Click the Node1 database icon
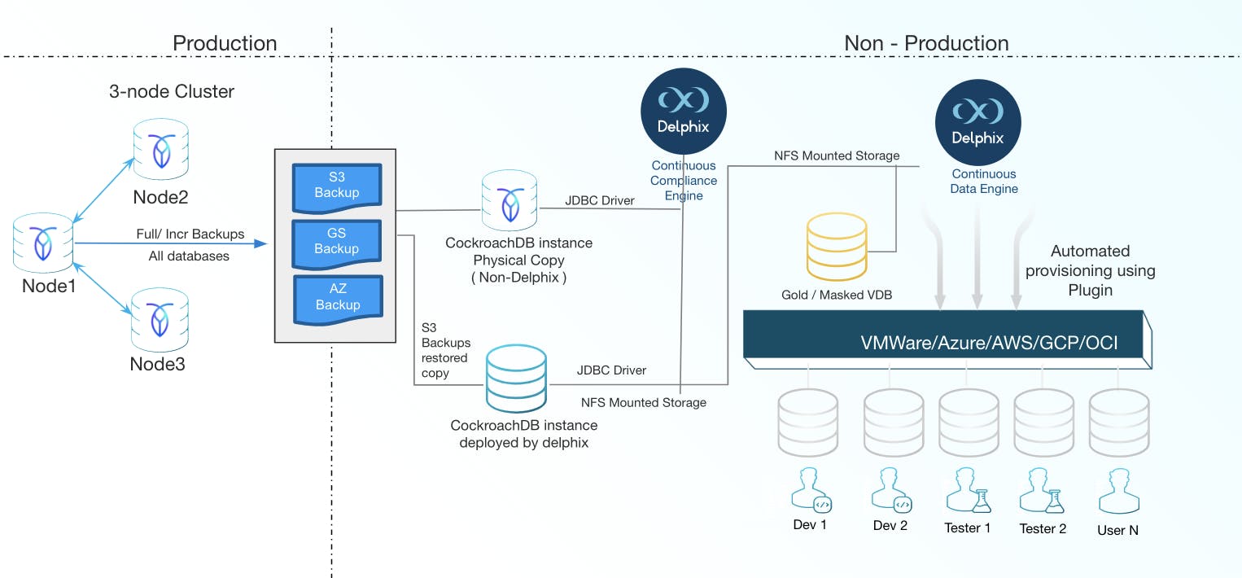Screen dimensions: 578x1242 [42, 243]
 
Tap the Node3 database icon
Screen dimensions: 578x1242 [160, 317]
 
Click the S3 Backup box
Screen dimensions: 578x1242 [337, 186]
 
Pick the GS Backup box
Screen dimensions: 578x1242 [337, 241]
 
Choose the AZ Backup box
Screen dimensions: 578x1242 [338, 297]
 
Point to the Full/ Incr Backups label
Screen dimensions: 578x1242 [190, 234]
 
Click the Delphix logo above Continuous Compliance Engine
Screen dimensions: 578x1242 [684, 111]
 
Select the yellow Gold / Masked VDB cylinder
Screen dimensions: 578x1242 [836, 247]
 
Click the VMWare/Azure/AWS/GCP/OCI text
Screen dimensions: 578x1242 [989, 343]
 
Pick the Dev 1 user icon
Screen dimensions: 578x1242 [810, 490]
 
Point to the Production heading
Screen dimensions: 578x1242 [225, 43]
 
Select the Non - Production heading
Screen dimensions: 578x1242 [926, 43]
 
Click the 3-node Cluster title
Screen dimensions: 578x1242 [172, 91]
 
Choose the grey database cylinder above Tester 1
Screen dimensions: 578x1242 [968, 421]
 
